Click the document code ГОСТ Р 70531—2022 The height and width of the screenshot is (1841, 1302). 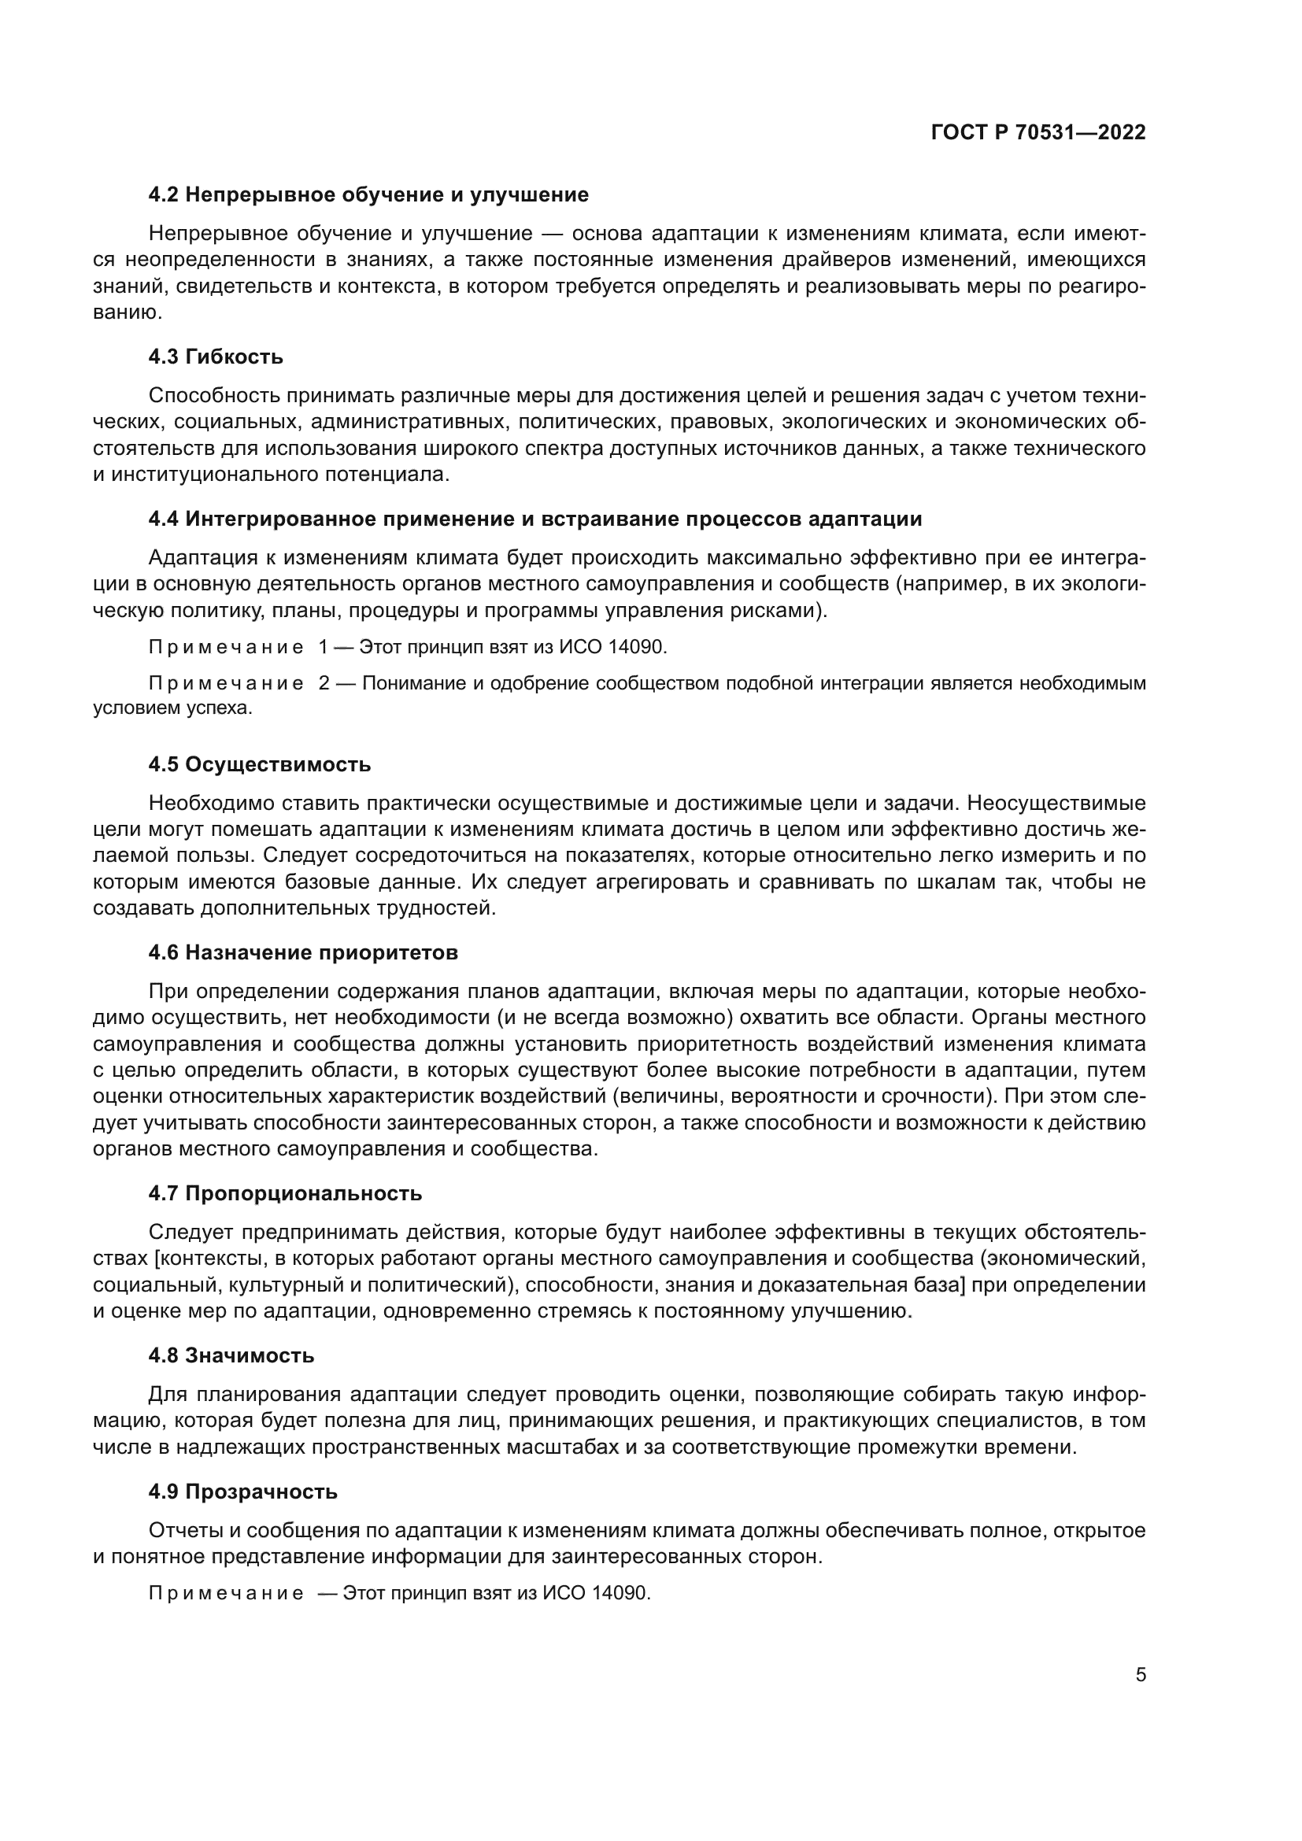click(1038, 133)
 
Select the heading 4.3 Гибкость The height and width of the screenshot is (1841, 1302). click(216, 357)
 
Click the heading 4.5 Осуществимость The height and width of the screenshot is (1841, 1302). click(260, 764)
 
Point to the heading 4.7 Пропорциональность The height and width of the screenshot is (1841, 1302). click(285, 1193)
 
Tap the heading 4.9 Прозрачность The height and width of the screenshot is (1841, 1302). click(243, 1492)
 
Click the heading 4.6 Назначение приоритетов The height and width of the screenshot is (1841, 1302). click(303, 952)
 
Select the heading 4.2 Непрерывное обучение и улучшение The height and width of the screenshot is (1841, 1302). click(368, 195)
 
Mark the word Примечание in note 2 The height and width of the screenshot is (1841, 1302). click(226, 683)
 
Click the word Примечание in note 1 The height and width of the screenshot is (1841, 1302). click(226, 647)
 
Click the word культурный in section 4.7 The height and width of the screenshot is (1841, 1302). click(280, 1285)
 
